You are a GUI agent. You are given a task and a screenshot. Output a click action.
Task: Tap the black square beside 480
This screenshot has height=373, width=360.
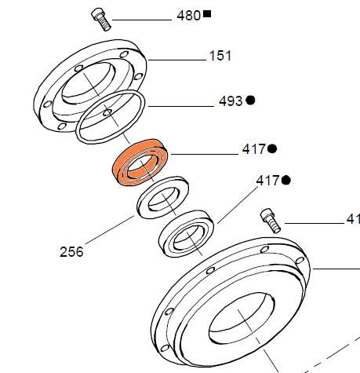pos(207,14)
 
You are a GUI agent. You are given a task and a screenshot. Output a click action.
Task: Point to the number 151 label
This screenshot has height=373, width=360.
pos(220,57)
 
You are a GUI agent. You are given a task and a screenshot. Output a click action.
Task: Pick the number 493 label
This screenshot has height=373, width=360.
pos(231,102)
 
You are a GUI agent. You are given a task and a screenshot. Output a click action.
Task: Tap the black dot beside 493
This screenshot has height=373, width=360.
pos(251,101)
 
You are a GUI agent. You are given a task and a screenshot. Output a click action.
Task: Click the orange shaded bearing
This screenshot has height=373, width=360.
pos(140,162)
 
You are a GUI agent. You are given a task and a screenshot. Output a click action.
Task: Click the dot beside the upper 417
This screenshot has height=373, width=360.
pos(272,148)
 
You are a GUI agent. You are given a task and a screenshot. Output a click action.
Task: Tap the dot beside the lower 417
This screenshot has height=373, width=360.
pos(286,181)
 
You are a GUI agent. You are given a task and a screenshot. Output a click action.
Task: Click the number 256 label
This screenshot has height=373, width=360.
pos(71,252)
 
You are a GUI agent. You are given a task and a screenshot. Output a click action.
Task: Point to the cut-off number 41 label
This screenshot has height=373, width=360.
pos(352,220)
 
